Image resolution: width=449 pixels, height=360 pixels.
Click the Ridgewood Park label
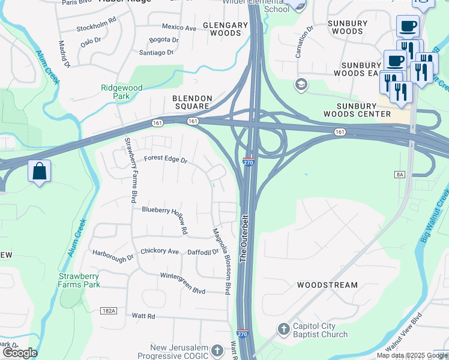point(121,92)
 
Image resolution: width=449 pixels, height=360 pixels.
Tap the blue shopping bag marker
point(39,172)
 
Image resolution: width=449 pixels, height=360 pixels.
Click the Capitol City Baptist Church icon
point(283,329)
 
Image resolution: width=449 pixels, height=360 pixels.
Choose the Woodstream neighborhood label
point(327,285)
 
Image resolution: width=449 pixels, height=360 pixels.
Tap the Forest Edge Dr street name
point(166,160)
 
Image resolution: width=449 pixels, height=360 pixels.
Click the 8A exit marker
point(400,173)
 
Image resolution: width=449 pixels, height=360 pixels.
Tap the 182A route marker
point(109,311)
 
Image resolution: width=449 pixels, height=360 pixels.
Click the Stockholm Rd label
point(95,28)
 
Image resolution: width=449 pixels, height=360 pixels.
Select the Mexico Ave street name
point(179,28)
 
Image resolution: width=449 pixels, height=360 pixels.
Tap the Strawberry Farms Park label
point(79,280)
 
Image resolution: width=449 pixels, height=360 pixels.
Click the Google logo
point(19,353)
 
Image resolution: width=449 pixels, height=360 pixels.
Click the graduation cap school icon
point(300,85)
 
